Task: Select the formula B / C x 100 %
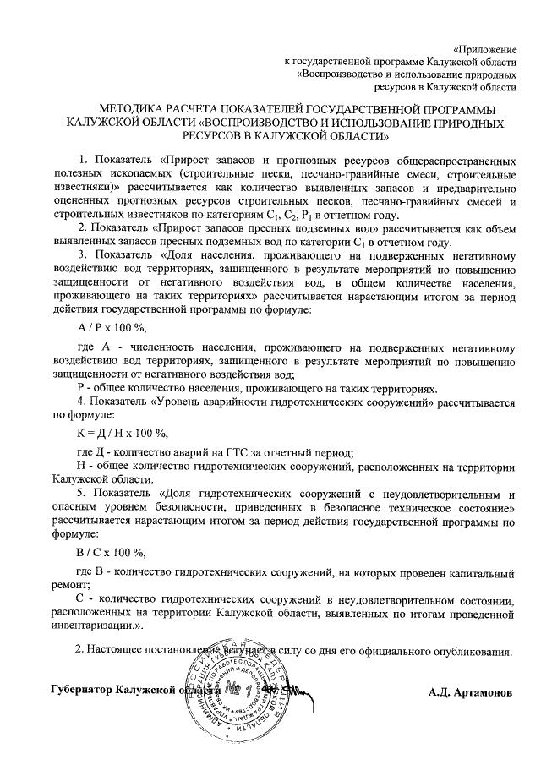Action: (111, 554)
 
